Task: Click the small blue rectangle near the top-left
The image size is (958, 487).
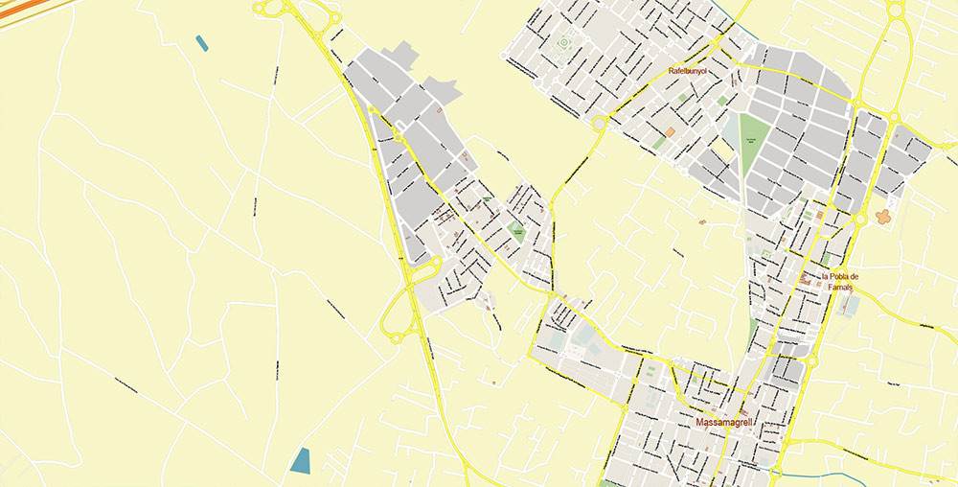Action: click(x=201, y=42)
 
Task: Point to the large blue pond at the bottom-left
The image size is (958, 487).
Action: click(x=301, y=460)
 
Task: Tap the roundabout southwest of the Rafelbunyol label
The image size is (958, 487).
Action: click(x=600, y=123)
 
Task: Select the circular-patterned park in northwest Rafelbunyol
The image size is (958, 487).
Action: click(x=563, y=42)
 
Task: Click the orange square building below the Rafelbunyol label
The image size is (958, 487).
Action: click(x=670, y=131)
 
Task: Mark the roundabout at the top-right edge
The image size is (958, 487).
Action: click(x=896, y=11)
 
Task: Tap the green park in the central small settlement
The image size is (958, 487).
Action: click(x=517, y=230)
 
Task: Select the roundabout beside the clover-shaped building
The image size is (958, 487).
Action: click(x=860, y=219)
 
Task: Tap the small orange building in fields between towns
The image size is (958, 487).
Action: click(x=702, y=222)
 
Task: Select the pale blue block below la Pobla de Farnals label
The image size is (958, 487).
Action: click(x=850, y=305)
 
